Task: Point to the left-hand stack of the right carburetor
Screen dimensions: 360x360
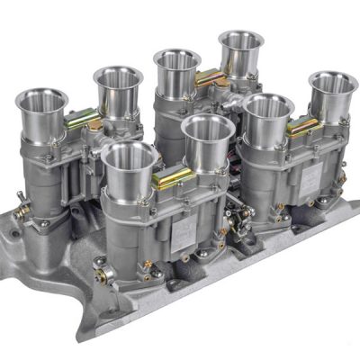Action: tap(266, 109)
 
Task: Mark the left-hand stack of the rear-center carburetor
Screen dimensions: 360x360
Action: tap(176, 60)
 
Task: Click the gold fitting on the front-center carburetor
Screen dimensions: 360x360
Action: tap(166, 179)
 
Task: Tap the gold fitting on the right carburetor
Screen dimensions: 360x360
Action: tap(301, 128)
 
